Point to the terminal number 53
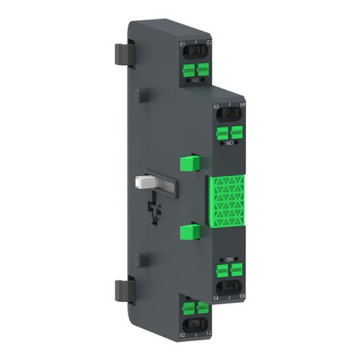pyautogui.click(x=216, y=107)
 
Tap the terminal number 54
pyautogui.click(x=217, y=297)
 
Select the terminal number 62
pyautogui.click(x=182, y=335)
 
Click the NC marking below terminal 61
pyautogui.click(x=195, y=80)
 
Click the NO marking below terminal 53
pyautogui.click(x=229, y=143)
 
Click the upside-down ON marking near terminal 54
pyautogui.click(x=229, y=260)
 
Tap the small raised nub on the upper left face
pyautogui.click(x=142, y=96)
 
